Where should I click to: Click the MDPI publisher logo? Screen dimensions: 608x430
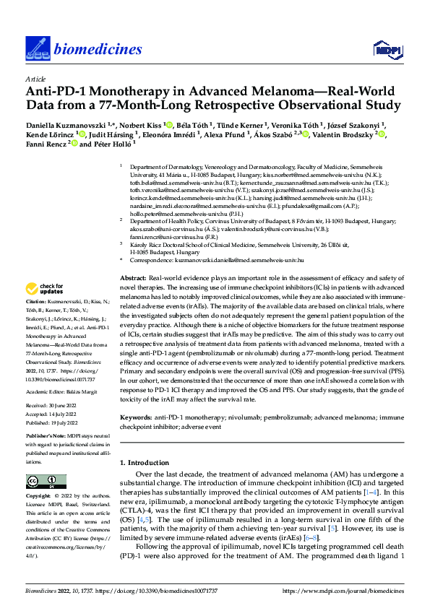coord(387,49)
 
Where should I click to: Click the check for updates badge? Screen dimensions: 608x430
coord(47,290)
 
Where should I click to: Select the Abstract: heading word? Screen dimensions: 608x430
coord(133,278)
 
